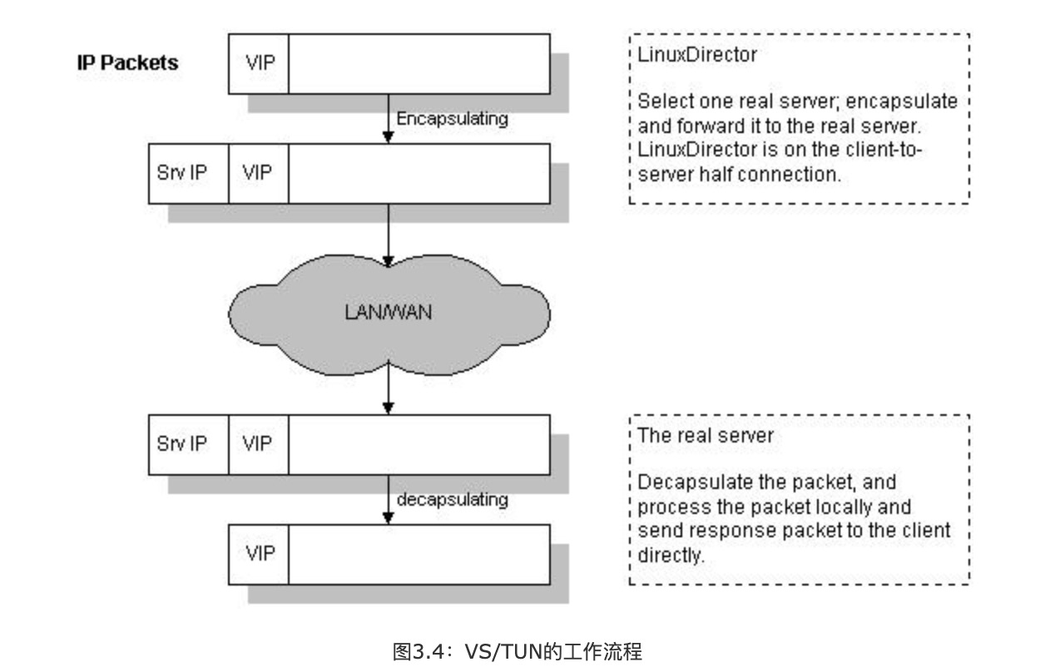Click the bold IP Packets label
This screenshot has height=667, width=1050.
(127, 63)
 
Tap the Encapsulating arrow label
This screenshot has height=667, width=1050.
(452, 119)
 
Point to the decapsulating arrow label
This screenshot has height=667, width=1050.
(452, 500)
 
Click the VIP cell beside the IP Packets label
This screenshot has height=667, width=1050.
(259, 63)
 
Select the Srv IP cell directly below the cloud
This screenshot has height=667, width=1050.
(188, 444)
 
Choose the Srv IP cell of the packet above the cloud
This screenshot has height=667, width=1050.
(188, 173)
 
